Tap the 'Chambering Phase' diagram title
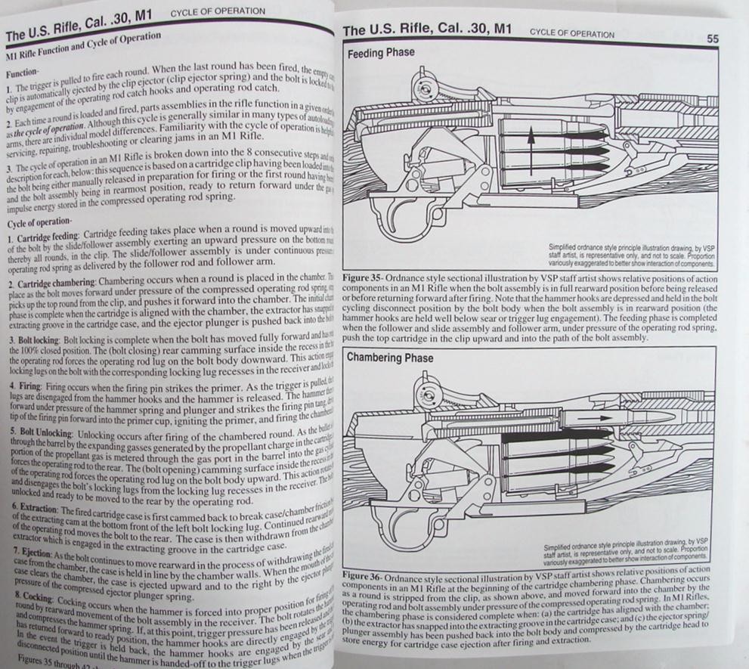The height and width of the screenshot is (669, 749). [390, 357]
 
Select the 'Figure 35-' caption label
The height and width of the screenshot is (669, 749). [367, 278]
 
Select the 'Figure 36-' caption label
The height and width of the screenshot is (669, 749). [368, 576]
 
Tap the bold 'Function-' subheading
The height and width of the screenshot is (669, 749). [23, 75]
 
